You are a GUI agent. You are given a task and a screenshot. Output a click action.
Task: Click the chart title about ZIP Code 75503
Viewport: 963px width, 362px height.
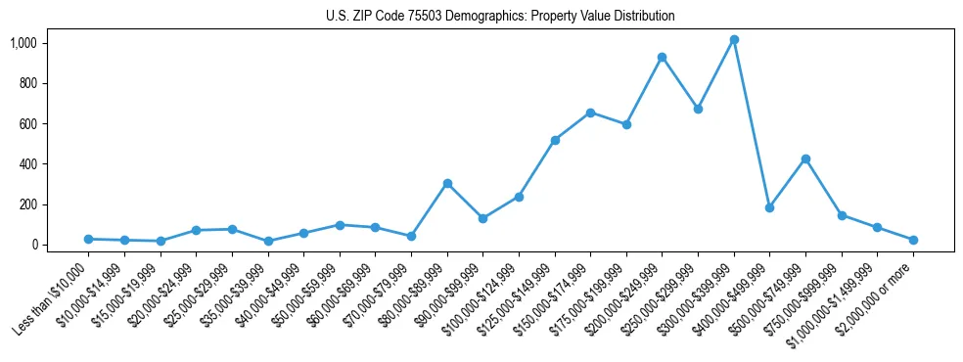[500, 17]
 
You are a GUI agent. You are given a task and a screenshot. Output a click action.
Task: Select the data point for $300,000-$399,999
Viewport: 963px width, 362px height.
[734, 40]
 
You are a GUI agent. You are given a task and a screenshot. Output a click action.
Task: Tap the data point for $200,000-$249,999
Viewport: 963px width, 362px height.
[663, 58]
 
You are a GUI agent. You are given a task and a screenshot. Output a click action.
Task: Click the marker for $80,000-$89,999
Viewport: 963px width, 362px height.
[447, 183]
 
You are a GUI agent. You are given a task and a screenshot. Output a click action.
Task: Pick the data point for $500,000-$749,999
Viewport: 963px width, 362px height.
[805, 158]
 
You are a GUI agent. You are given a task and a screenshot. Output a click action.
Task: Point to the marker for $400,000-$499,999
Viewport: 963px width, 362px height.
[769, 207]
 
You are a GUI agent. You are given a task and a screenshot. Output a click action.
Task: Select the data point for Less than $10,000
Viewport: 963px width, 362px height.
[88, 239]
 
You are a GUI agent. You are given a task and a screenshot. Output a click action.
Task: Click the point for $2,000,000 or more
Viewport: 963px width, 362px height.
[913, 240]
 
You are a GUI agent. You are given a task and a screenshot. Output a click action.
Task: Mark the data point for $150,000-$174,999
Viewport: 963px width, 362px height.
[590, 113]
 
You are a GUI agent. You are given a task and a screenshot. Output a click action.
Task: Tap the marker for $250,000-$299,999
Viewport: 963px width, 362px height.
[698, 109]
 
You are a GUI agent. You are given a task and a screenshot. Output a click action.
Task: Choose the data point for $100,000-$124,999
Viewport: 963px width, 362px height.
[519, 197]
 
